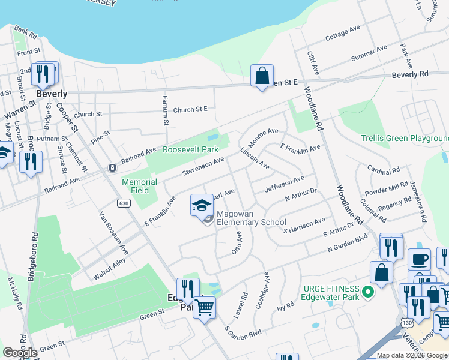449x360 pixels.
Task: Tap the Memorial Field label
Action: [x=140, y=186]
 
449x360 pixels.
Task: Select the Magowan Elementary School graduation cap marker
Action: [x=202, y=206]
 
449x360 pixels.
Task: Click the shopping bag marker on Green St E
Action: [x=262, y=76]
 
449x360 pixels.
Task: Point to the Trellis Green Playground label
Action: [x=404, y=139]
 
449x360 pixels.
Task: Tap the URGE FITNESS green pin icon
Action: [x=369, y=293]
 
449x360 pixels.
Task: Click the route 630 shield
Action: [x=124, y=203]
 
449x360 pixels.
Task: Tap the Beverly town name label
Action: [x=52, y=94]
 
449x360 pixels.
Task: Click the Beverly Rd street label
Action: [x=410, y=74]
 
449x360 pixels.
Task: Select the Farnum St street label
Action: [x=166, y=110]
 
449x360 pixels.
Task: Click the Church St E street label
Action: [x=190, y=109]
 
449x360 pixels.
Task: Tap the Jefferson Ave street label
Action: [x=285, y=182]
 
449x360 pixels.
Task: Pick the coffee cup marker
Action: [x=419, y=259]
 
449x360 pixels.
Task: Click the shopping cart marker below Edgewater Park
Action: [x=205, y=308]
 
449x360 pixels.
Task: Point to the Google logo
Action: [x=20, y=353]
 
